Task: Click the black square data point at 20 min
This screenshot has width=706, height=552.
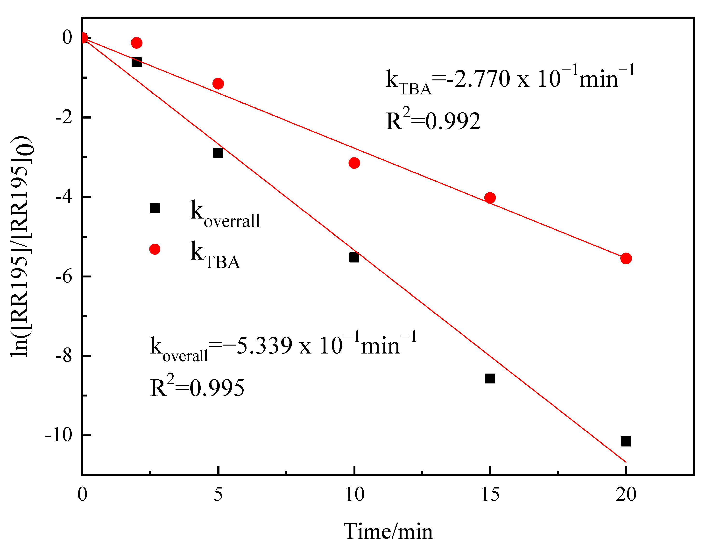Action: pyautogui.click(x=626, y=441)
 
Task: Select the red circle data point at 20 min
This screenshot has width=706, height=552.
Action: pyautogui.click(x=626, y=258)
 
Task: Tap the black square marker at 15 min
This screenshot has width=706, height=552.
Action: pyautogui.click(x=490, y=378)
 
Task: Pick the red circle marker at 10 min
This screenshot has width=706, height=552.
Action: pyautogui.click(x=354, y=163)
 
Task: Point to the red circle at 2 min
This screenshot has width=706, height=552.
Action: pyautogui.click(x=136, y=43)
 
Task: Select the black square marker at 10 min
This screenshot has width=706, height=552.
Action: pyautogui.click(x=354, y=258)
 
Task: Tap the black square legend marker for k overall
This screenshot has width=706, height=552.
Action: pyautogui.click(x=155, y=208)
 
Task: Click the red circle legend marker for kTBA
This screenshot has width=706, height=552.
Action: pyautogui.click(x=155, y=249)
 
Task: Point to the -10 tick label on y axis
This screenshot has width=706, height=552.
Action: pyautogui.click(x=58, y=435)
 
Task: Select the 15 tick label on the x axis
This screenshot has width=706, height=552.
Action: pyautogui.click(x=490, y=495)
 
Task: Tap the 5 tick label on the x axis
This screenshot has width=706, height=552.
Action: pyautogui.click(x=218, y=495)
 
